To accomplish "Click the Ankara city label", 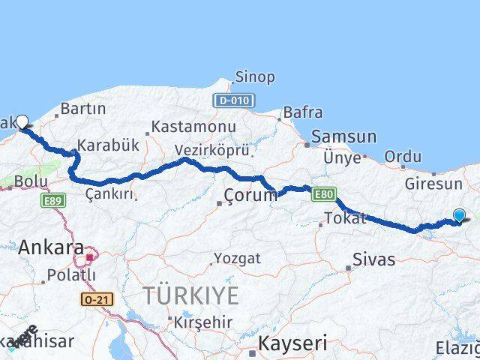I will tap(51, 247).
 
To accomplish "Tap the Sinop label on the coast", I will tap(255, 77).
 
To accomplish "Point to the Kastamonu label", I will tap(193, 127).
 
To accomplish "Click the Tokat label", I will tap(345, 219).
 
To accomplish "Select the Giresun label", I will tap(434, 184).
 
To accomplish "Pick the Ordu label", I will tap(403, 157).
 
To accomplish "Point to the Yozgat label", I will tap(237, 259).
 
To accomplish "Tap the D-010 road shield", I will tap(234, 100).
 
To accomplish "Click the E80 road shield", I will tap(324, 193).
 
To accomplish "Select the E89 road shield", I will tap(54, 200).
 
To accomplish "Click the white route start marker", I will tap(22, 121).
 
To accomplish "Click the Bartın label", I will tap(82, 109).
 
